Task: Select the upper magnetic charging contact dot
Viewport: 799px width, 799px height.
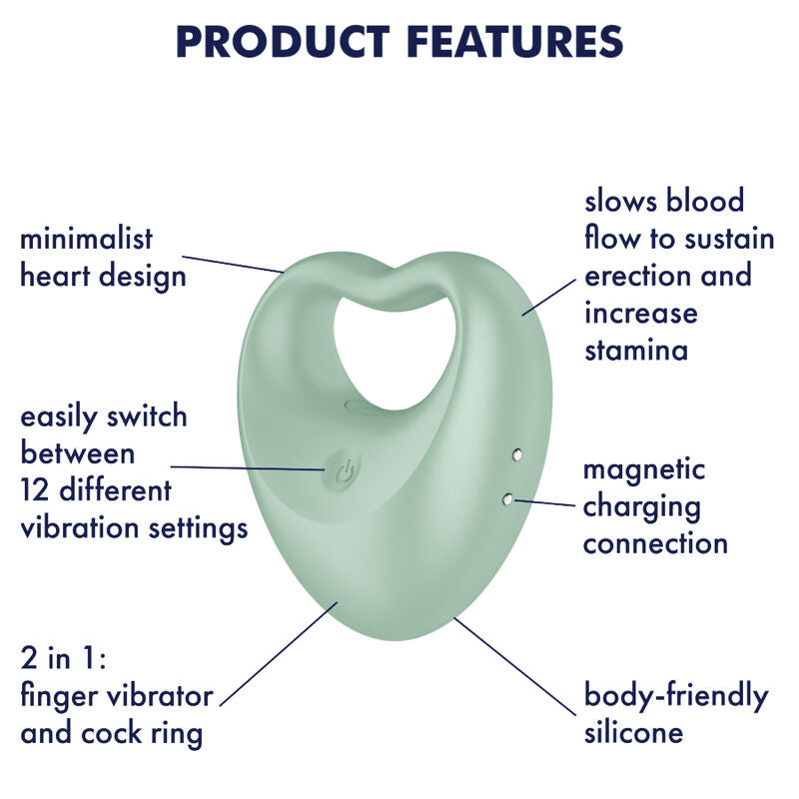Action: (x=516, y=456)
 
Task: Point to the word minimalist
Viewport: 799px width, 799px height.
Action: (x=87, y=239)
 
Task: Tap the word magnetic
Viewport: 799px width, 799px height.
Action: (x=644, y=468)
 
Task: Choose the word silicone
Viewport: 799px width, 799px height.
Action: (x=633, y=732)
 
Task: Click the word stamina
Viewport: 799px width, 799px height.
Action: (x=636, y=351)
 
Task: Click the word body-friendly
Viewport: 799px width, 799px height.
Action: (x=676, y=695)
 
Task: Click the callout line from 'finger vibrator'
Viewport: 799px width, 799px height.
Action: (x=278, y=654)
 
